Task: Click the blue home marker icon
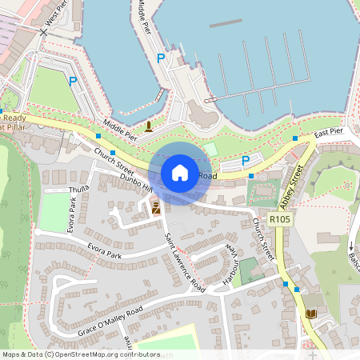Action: [179, 173]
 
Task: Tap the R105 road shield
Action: [279, 218]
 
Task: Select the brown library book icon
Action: [310, 314]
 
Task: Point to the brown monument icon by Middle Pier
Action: [148, 126]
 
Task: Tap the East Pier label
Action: [328, 132]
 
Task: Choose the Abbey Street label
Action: [294, 183]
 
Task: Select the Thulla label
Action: [80, 190]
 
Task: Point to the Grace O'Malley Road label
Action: [110, 320]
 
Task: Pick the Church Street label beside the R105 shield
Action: [263, 238]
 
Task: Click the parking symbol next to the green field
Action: [73, 81]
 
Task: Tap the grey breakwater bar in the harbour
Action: [226, 23]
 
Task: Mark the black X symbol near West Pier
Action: [42, 32]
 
